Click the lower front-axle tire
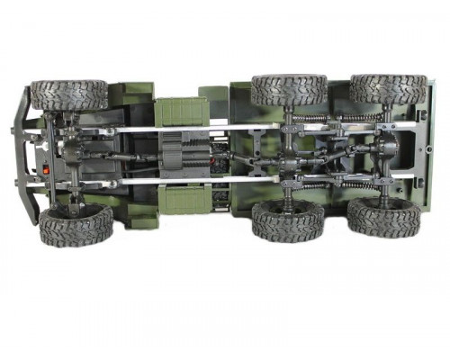pyautogui.click(x=76, y=224)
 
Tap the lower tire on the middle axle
pyautogui.click(x=286, y=220)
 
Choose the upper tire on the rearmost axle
pyautogui.click(x=388, y=88)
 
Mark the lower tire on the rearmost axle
pyautogui.click(x=384, y=217)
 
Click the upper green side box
pyautogui.click(x=181, y=110)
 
